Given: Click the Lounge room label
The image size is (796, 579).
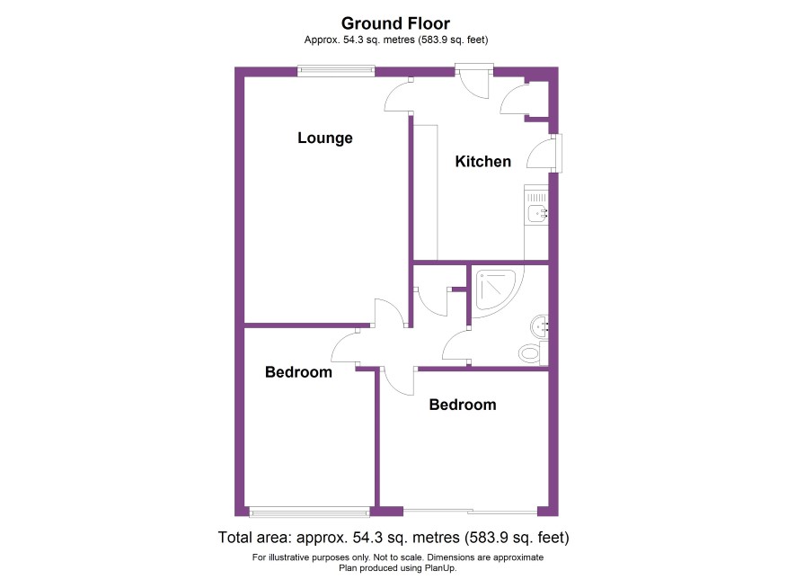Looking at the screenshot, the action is (325, 138).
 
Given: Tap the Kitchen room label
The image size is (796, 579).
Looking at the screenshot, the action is (482, 162).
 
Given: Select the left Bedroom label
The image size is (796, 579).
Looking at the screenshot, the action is (298, 372).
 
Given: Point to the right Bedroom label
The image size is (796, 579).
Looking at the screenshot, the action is (463, 405).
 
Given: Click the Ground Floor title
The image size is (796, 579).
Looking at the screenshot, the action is (395, 23).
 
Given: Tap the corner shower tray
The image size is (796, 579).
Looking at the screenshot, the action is (494, 291).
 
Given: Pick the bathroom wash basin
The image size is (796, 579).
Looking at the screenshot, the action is (539, 326).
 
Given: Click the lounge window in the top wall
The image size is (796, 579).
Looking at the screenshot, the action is (336, 71).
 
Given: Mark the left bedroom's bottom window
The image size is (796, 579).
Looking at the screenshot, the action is (309, 512).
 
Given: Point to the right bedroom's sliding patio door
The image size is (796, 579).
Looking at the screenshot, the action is (470, 511).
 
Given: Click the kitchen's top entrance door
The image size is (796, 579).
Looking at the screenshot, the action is (474, 81).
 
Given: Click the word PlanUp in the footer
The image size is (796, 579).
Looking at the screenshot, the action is (441, 568).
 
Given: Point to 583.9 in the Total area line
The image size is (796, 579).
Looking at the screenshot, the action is (486, 538).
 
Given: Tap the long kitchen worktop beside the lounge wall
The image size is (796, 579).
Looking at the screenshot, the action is (426, 192).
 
